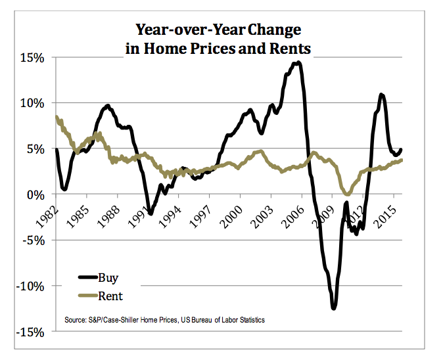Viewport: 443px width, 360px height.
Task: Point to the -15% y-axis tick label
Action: tap(30, 332)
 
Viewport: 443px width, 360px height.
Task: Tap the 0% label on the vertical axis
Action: tap(35, 194)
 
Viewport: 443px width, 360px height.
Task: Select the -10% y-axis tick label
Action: tap(30, 286)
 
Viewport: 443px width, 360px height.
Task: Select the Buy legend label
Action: tap(107, 278)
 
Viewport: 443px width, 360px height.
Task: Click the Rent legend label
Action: tap(110, 296)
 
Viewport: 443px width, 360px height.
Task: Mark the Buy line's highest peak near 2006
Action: tap(298, 63)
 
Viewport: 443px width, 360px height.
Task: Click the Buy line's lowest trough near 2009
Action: tap(334, 307)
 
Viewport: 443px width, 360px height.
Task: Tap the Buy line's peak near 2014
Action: tap(381, 95)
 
